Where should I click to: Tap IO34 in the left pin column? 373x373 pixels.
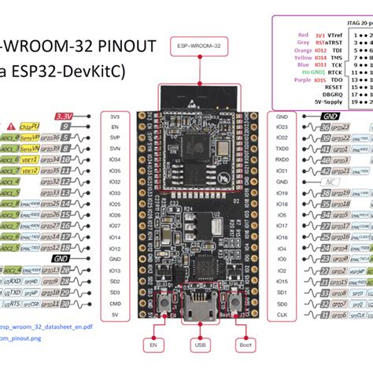pos(115,159)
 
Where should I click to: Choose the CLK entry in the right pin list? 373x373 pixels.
pos(283,314)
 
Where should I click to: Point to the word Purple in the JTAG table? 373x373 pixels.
pos(302,102)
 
